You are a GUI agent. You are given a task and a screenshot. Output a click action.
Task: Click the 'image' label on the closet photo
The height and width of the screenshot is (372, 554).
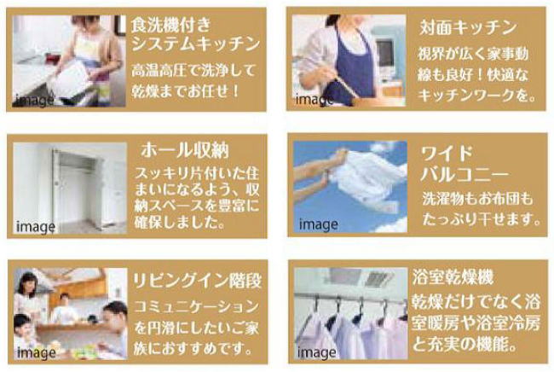coord(35,227)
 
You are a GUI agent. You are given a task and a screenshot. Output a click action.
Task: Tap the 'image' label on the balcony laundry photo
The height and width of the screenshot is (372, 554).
coord(317,226)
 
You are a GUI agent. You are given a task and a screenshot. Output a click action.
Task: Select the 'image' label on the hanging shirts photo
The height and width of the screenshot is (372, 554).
coord(317,352)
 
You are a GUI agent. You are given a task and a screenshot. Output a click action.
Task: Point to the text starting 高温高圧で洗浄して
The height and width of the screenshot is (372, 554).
coord(196,77)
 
